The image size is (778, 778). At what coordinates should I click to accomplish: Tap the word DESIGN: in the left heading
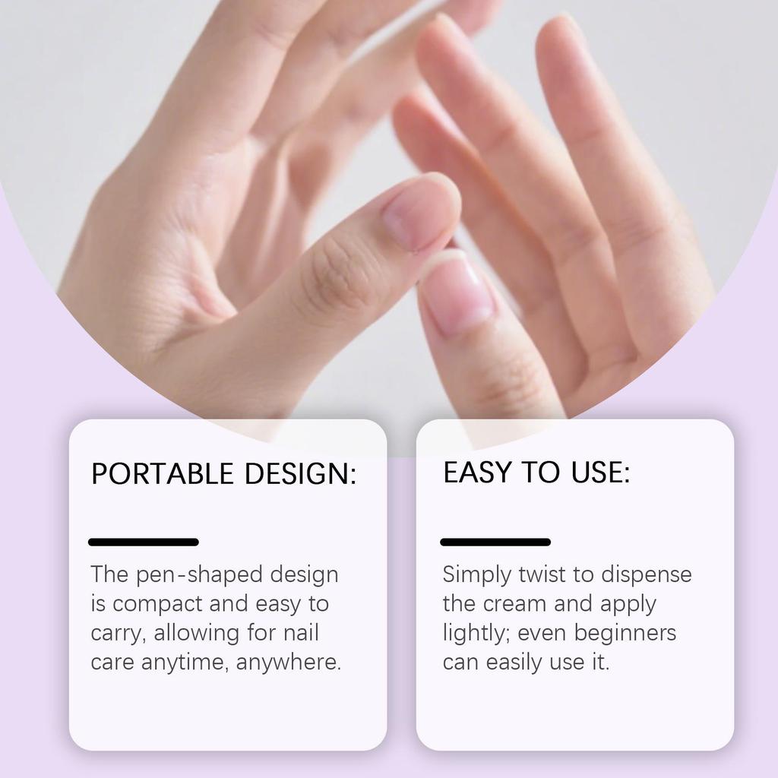[300, 474]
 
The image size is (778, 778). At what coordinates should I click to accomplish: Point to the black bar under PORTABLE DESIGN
[144, 542]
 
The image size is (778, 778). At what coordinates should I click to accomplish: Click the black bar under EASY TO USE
[495, 542]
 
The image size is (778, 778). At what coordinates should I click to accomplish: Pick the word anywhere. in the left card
[289, 663]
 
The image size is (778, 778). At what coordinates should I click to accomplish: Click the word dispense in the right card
[647, 574]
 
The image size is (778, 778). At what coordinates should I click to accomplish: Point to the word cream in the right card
[517, 604]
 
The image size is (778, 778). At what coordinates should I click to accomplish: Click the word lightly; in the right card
[476, 634]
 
